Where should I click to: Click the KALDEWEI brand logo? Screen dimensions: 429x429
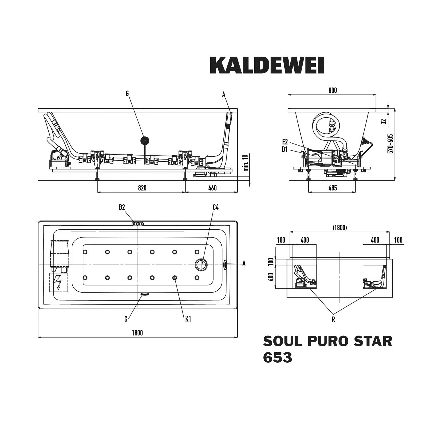point(267,65)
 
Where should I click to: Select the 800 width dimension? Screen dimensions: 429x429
point(333,90)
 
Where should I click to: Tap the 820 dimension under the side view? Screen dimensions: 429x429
point(142,188)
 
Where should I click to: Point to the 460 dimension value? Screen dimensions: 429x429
point(212,188)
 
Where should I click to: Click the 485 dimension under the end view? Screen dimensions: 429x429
point(333,188)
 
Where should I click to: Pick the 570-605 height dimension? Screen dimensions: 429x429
point(391,144)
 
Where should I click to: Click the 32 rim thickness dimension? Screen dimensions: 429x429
point(384,122)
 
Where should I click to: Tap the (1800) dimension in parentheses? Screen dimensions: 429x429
point(340,228)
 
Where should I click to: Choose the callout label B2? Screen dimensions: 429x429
point(122,207)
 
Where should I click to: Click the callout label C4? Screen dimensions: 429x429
point(216,207)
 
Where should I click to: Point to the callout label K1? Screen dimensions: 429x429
point(188,319)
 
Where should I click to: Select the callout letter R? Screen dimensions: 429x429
point(333,320)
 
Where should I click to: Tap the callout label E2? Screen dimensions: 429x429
point(285,142)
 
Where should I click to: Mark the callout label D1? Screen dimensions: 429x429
point(285,149)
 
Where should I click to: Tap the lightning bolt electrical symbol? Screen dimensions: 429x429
point(59,283)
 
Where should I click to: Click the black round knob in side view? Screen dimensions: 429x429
point(145,140)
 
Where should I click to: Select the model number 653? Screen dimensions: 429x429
point(278,357)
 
